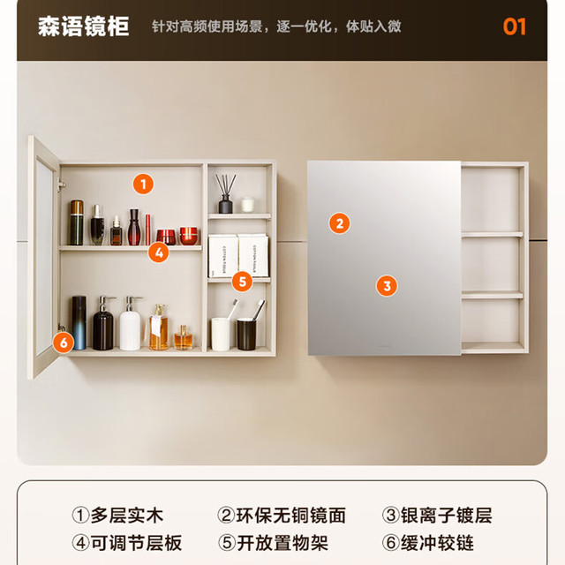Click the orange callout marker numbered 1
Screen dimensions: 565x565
click(x=143, y=185)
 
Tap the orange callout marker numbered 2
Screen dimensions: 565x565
click(x=339, y=223)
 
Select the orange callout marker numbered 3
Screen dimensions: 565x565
click(x=387, y=286)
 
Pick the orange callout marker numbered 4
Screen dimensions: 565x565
click(x=159, y=252)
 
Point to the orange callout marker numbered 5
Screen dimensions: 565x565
click(x=242, y=282)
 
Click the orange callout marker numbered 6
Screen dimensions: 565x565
click(x=64, y=343)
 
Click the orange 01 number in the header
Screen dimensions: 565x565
click(x=514, y=26)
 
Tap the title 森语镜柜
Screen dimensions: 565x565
click(x=83, y=26)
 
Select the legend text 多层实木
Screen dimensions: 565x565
click(x=127, y=516)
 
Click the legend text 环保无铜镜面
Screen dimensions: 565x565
click(x=291, y=516)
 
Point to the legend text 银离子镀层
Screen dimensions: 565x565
click(x=446, y=516)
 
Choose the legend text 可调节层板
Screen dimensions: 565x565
click(x=136, y=543)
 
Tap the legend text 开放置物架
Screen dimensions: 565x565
click(x=282, y=543)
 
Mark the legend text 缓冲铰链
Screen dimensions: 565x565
click(x=437, y=543)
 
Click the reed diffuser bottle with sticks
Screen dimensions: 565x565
click(x=226, y=194)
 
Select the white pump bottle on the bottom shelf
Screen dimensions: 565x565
click(x=130, y=324)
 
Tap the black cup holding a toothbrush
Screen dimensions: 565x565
click(x=247, y=334)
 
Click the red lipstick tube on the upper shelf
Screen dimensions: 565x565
click(x=147, y=230)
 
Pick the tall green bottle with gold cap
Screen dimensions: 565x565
click(x=77, y=222)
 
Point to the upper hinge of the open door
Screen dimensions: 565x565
click(x=61, y=185)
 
